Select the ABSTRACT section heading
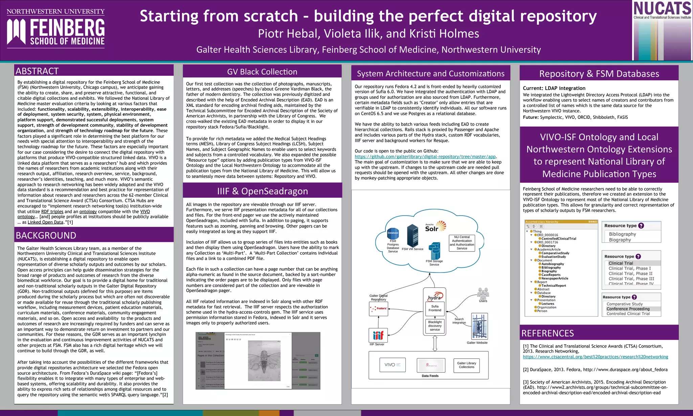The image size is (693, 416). [37, 71]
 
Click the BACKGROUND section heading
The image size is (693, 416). [46, 235]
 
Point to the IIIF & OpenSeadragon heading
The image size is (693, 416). [262, 191]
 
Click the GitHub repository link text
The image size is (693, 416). [425, 157]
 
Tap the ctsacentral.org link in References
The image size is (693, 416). [595, 357]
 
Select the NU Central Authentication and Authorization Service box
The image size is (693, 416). [462, 243]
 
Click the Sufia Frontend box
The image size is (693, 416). [435, 308]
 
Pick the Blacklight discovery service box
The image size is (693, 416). [435, 326]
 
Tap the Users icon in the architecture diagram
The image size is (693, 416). [483, 293]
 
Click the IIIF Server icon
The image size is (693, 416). [378, 335]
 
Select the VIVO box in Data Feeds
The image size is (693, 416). [393, 365]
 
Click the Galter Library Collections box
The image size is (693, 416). [466, 365]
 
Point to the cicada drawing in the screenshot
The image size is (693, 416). [264, 361]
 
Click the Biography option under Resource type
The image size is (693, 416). [620, 240]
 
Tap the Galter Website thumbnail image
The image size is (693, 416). [479, 326]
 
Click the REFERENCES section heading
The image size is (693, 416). [547, 333]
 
